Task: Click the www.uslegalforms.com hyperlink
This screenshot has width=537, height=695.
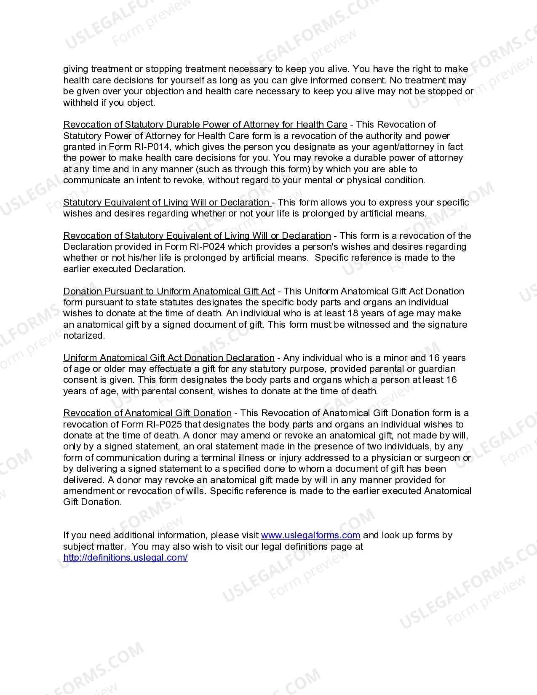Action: click(310, 535)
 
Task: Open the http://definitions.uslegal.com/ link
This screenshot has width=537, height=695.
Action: click(125, 558)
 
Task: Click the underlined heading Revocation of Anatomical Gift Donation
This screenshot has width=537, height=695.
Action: click(147, 413)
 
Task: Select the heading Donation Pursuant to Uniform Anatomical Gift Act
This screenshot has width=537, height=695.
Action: click(169, 291)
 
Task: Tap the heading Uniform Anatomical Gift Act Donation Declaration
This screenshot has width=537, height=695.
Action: click(168, 358)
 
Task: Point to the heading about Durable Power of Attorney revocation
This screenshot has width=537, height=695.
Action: click(205, 125)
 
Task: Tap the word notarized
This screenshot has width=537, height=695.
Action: click(83, 336)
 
